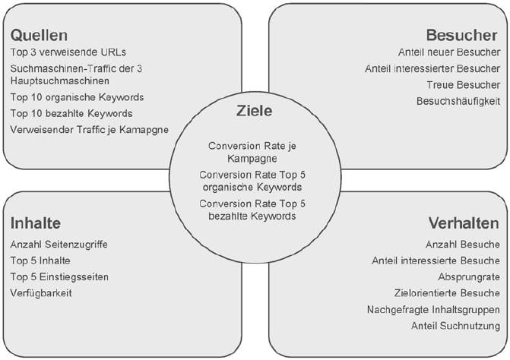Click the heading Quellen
pyautogui.click(x=39, y=35)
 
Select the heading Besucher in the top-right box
pyautogui.click(x=463, y=35)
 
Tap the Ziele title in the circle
pyautogui.click(x=255, y=111)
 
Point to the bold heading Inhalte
pyautogui.click(x=36, y=223)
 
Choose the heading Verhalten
pyautogui.click(x=464, y=223)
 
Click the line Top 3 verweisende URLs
pyautogui.click(x=68, y=52)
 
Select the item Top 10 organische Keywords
pyautogui.click(x=77, y=97)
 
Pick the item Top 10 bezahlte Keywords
pyautogui.click(x=71, y=113)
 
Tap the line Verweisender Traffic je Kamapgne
pyautogui.click(x=90, y=129)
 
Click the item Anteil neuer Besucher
pyautogui.click(x=449, y=52)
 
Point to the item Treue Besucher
pyautogui.click(x=464, y=84)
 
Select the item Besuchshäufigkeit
pyautogui.click(x=458, y=101)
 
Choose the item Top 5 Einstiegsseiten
pyautogui.click(x=59, y=276)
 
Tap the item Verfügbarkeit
pyautogui.click(x=41, y=292)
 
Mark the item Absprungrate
pyautogui.click(x=469, y=276)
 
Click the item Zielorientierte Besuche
pyautogui.click(x=453, y=293)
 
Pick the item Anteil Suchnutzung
pyautogui.click(x=455, y=326)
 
